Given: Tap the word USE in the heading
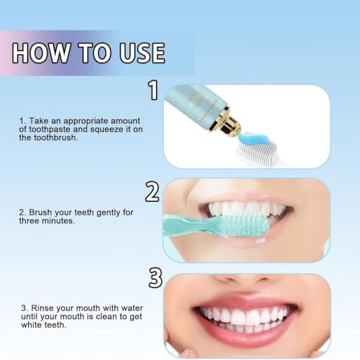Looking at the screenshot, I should point(136,53).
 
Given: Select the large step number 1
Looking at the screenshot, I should point(152,90).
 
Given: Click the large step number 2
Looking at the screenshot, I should point(152,192).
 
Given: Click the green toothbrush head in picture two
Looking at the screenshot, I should point(245,225).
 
